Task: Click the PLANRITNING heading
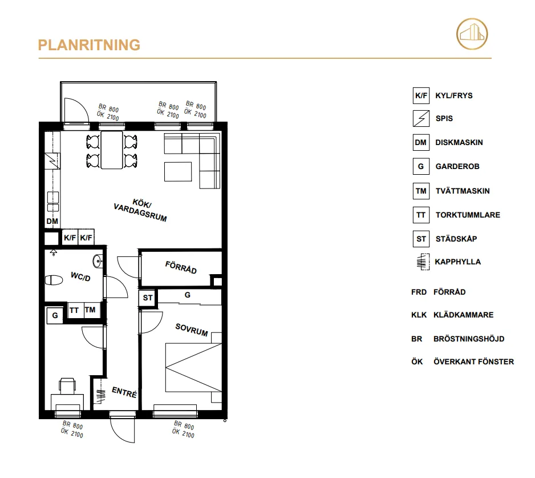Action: pyautogui.click(x=89, y=45)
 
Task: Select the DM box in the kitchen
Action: pyautogui.click(x=52, y=221)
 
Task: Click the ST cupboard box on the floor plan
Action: pyautogui.click(x=148, y=298)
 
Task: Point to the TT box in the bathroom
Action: pyautogui.click(x=74, y=310)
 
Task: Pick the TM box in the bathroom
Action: pyautogui.click(x=91, y=310)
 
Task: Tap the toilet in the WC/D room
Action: pyautogui.click(x=54, y=280)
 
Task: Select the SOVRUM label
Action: pyautogui.click(x=191, y=330)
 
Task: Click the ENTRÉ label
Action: pyautogui.click(x=124, y=393)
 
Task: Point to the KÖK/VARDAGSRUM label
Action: pyautogui.click(x=140, y=210)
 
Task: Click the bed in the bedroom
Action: pyautogui.click(x=193, y=367)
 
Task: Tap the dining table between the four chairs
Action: pyautogui.click(x=112, y=150)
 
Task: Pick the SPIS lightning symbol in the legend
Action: pyautogui.click(x=420, y=119)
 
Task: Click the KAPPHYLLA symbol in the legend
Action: pyautogui.click(x=420, y=262)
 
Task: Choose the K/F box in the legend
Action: pyautogui.click(x=420, y=95)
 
